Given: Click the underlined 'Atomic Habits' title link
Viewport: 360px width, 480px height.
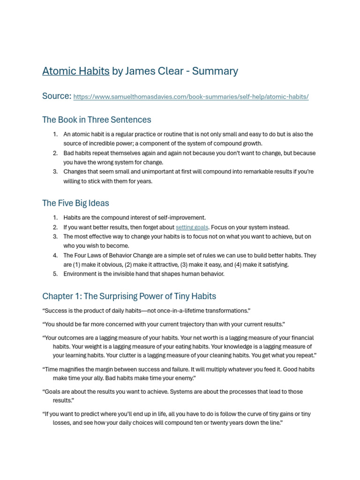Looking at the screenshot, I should (76, 71).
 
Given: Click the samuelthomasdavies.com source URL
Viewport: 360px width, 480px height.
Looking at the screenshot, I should (191, 97).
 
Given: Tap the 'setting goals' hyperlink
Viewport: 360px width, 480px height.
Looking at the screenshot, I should (192, 227).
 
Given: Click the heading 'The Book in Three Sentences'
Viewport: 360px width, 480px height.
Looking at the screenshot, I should (97, 120).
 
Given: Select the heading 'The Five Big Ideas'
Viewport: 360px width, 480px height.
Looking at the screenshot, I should (75, 203).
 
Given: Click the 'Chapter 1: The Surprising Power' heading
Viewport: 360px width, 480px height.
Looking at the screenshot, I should (129, 296).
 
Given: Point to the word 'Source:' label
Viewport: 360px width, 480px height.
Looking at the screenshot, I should (57, 96).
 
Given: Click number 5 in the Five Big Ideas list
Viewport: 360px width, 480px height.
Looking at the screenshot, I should (55, 274).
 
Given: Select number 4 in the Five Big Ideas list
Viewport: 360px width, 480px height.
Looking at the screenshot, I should (55, 255).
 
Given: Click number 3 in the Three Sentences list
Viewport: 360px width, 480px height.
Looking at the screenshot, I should (55, 172).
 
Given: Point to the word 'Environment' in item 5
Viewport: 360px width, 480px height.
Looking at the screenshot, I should (80, 274).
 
